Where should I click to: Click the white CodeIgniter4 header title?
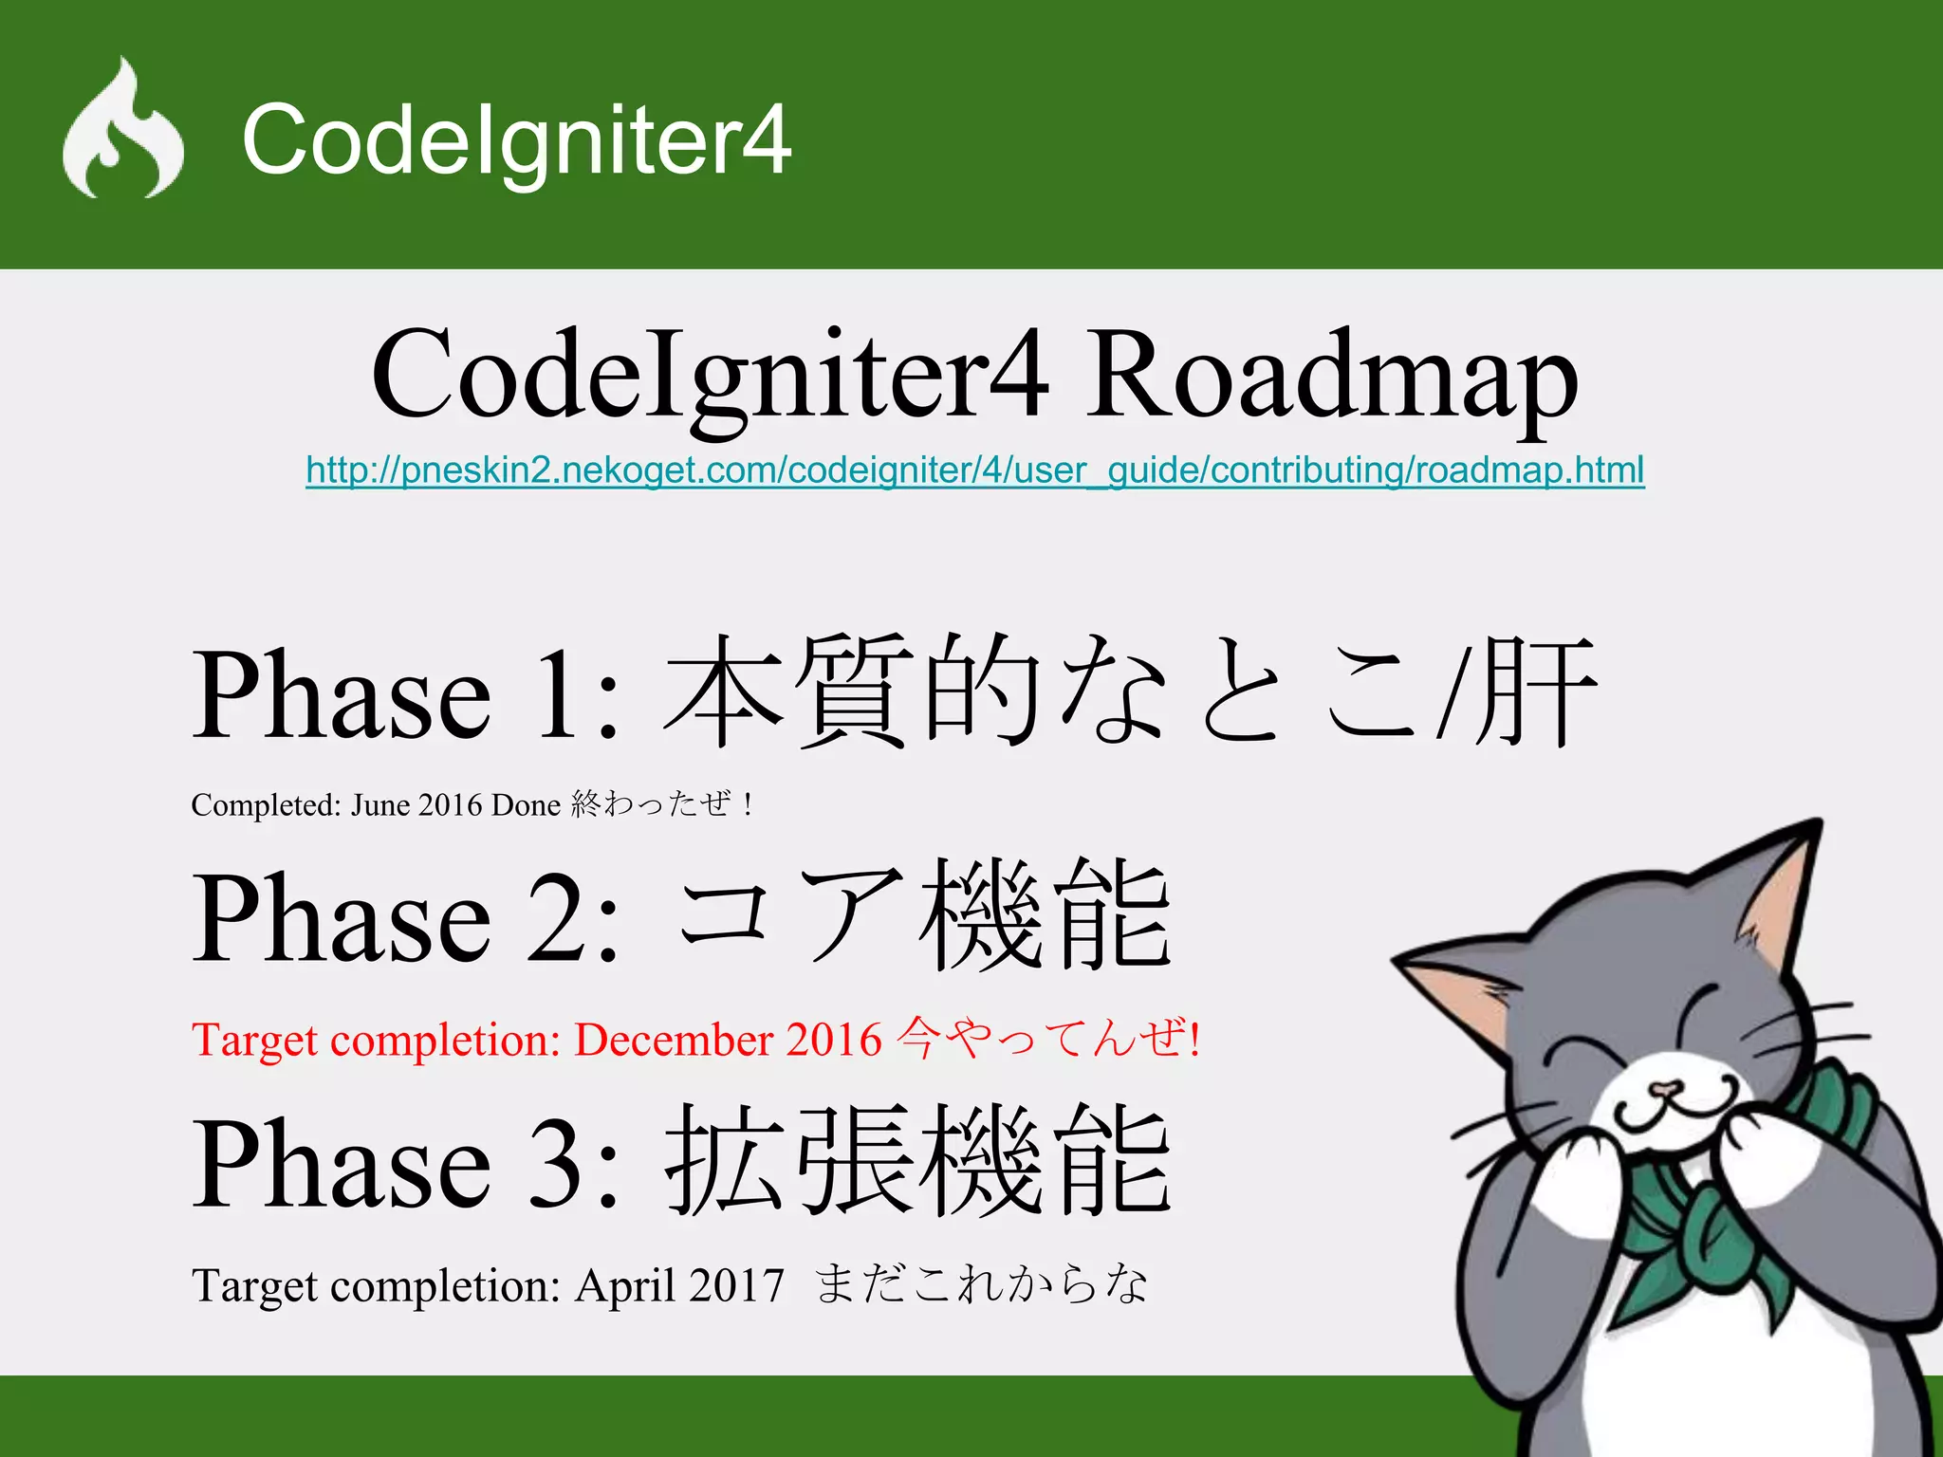[516, 139]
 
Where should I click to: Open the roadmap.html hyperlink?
[974, 470]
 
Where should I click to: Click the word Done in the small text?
[526, 805]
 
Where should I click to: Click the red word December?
[674, 1040]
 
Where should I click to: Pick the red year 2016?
[834, 1040]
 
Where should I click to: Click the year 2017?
[737, 1286]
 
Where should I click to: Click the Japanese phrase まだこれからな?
[981, 1284]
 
